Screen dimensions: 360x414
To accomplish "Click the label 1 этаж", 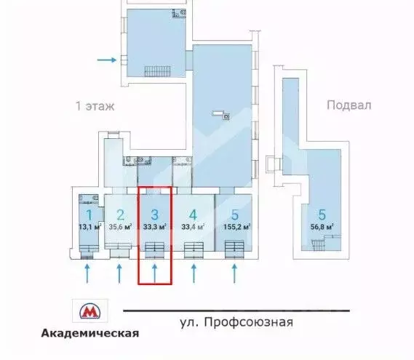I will [95, 105].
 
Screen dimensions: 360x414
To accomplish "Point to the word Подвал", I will [349, 105].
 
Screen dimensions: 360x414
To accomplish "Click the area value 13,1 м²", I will [88, 225].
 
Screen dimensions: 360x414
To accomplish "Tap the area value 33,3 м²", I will [155, 225].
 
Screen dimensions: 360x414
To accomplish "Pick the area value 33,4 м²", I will [193, 225].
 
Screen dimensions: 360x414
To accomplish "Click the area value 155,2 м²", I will [234, 225].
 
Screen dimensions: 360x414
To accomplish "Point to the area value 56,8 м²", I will [321, 228].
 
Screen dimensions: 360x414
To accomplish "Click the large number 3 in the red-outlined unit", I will [154, 215].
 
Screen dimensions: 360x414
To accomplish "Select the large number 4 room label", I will [193, 215].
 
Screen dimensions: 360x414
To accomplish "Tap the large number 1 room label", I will [88, 215].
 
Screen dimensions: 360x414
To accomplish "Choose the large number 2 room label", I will [121, 215].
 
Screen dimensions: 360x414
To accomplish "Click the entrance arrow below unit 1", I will [88, 273].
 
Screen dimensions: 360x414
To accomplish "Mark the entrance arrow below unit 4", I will [194, 273].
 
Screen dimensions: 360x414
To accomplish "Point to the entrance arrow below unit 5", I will [234, 273].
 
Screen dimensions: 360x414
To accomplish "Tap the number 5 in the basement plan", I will [321, 215].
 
